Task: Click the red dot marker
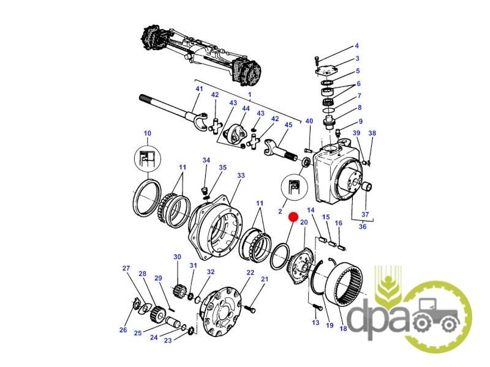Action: click(x=293, y=217)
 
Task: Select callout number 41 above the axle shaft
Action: click(x=199, y=89)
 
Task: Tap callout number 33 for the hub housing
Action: click(x=241, y=176)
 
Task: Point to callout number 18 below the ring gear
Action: click(x=343, y=328)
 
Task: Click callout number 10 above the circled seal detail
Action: click(x=147, y=133)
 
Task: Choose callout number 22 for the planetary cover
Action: click(x=251, y=273)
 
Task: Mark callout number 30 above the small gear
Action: click(x=177, y=257)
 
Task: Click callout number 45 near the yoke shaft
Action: click(x=288, y=125)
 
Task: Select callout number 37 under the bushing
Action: click(x=365, y=215)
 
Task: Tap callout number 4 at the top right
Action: click(x=356, y=46)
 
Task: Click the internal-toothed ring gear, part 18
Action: click(x=344, y=285)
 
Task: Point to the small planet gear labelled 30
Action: click(x=178, y=292)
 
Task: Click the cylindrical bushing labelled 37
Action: click(x=367, y=187)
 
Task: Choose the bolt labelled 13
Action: click(x=317, y=308)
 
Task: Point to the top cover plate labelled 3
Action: click(x=327, y=71)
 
